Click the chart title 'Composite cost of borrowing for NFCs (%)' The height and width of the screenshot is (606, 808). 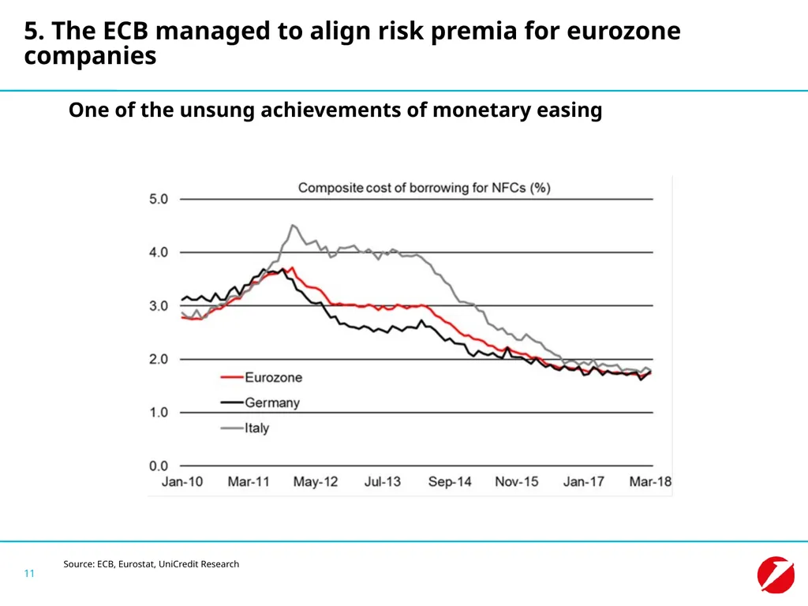424,188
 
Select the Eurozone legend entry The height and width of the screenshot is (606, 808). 261,377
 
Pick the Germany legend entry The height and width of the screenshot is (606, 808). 260,402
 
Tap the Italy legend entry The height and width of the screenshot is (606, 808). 245,428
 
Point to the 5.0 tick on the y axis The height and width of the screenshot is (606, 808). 159,199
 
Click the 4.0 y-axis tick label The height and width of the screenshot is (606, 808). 159,252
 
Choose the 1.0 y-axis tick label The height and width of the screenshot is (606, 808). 159,412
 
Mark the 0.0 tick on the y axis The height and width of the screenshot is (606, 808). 159,466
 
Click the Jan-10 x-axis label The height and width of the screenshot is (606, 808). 182,481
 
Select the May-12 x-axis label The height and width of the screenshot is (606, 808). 316,482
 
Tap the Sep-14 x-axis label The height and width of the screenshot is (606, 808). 450,482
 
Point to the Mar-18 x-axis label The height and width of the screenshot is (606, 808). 650,481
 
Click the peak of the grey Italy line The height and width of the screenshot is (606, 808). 293,225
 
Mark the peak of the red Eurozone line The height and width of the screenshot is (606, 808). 293,267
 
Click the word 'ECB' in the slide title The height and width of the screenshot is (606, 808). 125,31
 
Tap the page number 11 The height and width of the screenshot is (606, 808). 29,573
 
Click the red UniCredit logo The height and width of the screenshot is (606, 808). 776,574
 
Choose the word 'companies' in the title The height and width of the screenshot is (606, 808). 90,56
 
